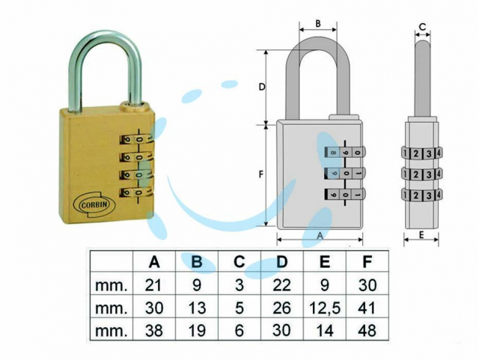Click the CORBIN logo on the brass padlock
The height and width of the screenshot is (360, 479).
(x=94, y=205)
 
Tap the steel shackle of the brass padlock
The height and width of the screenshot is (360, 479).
(x=105, y=38)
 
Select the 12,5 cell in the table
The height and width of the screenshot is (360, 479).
(x=324, y=308)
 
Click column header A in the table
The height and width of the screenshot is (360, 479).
(x=154, y=262)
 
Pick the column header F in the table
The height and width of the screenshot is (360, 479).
(x=367, y=262)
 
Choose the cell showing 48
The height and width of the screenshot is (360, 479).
(x=367, y=330)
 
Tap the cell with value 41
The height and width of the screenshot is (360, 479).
(x=367, y=308)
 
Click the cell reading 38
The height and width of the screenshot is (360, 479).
(x=154, y=330)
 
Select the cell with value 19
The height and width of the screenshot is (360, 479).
(x=197, y=330)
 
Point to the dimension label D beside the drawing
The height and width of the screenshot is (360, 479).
(x=262, y=88)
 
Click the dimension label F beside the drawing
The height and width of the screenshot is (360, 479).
(x=261, y=175)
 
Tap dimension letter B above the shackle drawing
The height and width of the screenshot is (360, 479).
(x=318, y=23)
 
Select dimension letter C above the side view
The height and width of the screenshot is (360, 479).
(x=422, y=27)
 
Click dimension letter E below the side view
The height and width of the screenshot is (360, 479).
(x=421, y=235)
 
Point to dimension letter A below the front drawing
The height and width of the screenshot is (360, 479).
(x=320, y=235)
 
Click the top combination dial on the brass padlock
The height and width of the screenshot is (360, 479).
(x=136, y=140)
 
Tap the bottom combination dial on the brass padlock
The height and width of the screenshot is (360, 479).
(x=136, y=192)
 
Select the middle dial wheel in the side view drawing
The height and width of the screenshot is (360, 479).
(x=421, y=174)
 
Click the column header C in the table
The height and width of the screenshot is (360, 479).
(x=239, y=262)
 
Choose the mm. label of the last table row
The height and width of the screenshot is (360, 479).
(x=112, y=331)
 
